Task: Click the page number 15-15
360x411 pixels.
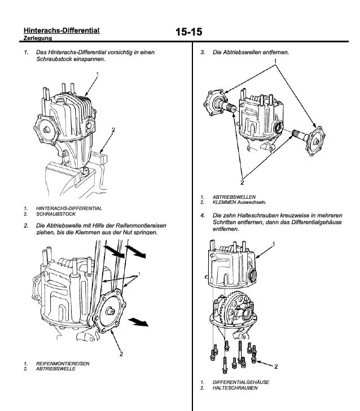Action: [x=188, y=32]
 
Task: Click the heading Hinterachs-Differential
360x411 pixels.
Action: [x=62, y=30]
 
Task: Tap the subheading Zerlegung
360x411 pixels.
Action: [x=38, y=39]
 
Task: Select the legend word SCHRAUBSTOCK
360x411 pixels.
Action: [x=56, y=215]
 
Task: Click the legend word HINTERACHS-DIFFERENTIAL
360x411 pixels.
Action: [x=69, y=208]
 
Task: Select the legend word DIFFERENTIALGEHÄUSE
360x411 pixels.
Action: [x=241, y=382]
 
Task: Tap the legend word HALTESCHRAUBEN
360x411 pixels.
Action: [x=235, y=388]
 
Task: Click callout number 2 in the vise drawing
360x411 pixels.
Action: [x=113, y=130]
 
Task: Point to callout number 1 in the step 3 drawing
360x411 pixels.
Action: [x=275, y=60]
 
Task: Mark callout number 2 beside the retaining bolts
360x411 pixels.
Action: [x=275, y=366]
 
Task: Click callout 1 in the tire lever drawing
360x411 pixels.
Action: [x=139, y=274]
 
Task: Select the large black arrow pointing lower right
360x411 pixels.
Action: [x=138, y=322]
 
